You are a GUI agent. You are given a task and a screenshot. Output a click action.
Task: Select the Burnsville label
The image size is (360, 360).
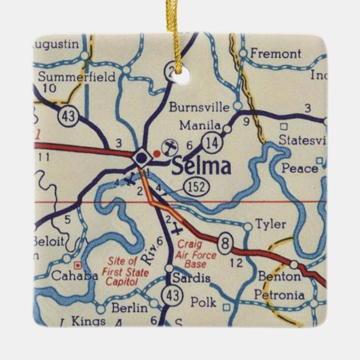(198, 107)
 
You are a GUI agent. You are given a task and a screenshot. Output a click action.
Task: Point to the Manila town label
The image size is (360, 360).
(200, 126)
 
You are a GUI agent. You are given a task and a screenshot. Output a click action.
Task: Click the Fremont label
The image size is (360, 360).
(274, 52)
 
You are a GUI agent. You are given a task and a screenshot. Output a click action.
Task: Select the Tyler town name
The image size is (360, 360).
(271, 225)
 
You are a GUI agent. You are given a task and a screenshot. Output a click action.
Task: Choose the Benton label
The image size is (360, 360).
(278, 277)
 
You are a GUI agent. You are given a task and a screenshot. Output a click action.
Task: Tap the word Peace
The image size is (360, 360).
(300, 167)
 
